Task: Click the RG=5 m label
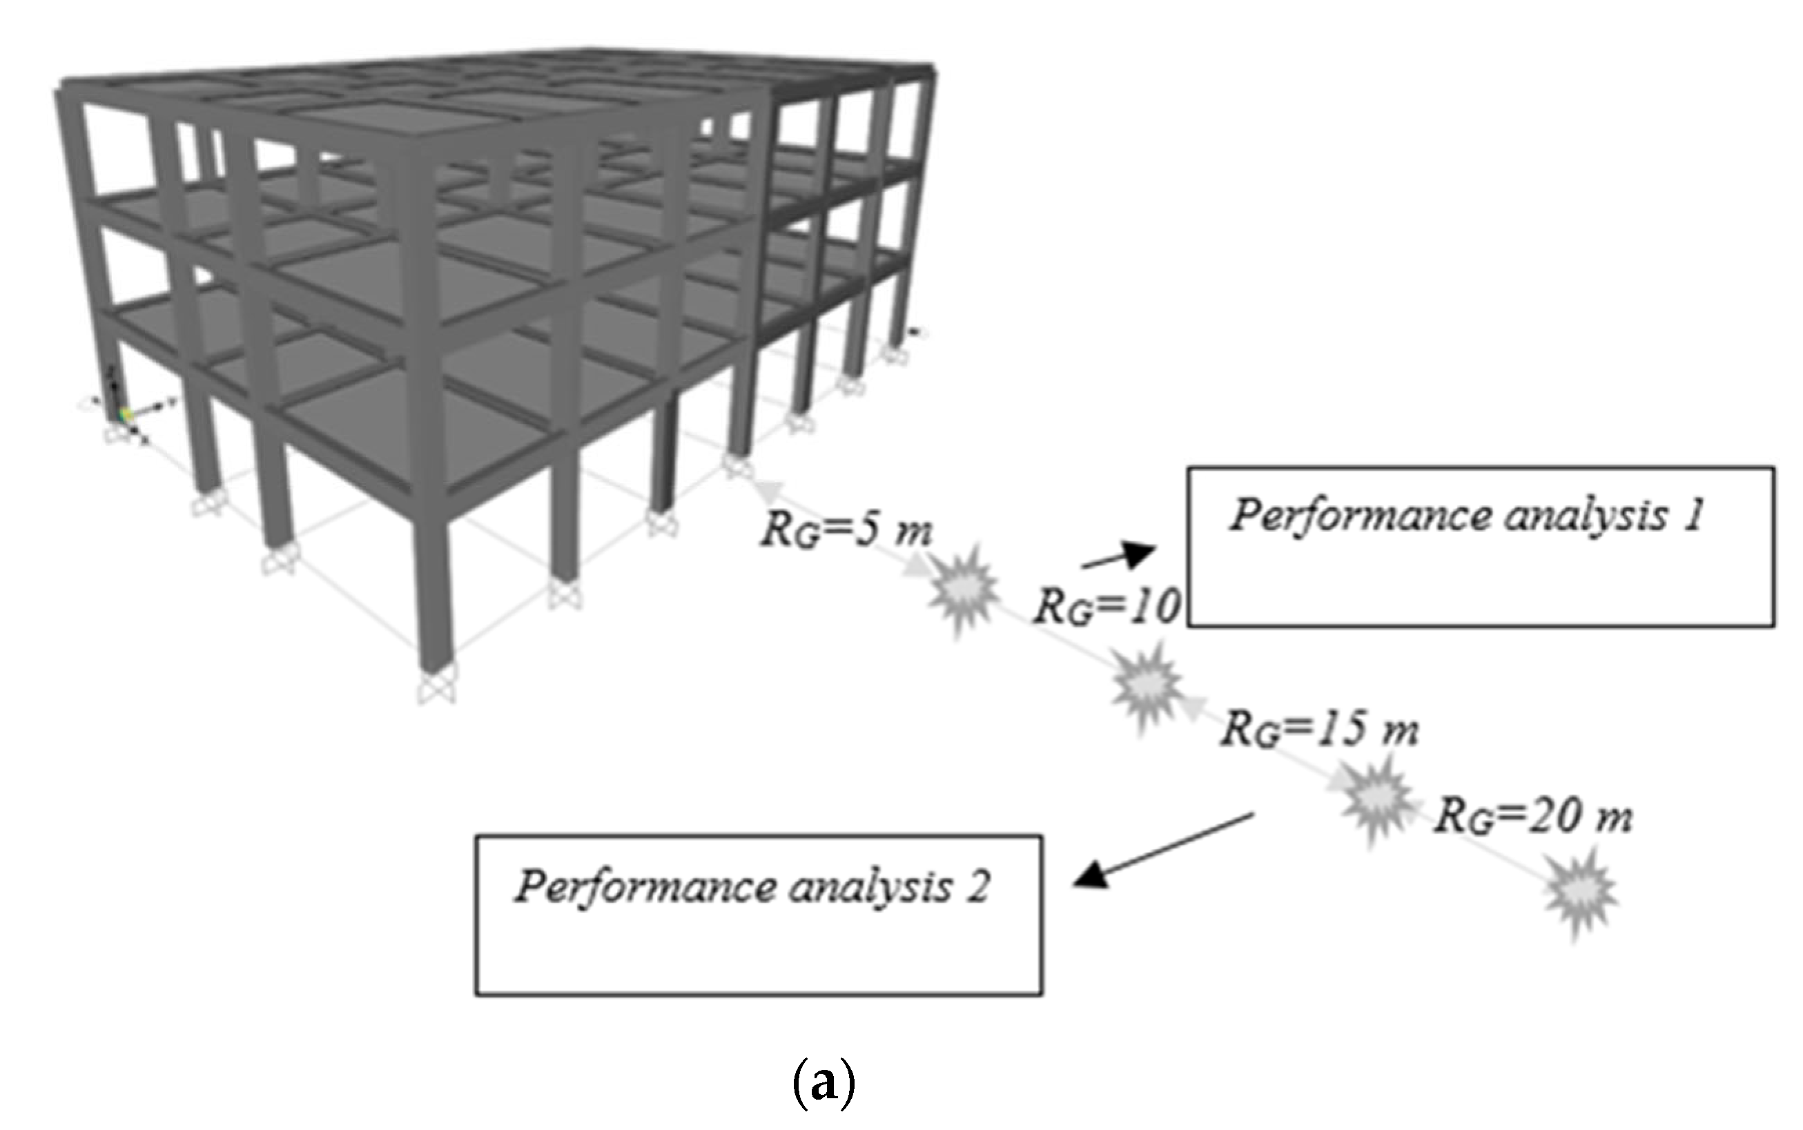point(846,531)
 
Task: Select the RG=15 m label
point(1320,729)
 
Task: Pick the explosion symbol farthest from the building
point(1581,893)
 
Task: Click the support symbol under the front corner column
point(436,688)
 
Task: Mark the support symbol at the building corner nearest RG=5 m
point(737,467)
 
